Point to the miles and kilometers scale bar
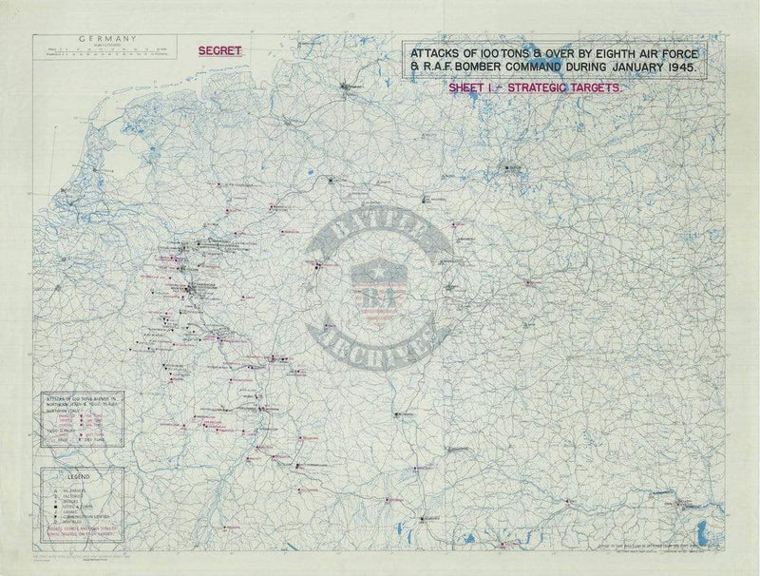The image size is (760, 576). tap(104, 52)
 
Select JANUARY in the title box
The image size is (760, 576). tap(628, 69)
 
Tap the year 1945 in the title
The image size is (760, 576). tap(678, 69)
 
